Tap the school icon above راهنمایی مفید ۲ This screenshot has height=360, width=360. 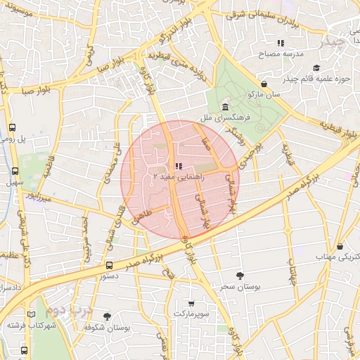[178, 167]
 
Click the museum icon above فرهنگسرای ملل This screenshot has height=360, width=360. [225, 107]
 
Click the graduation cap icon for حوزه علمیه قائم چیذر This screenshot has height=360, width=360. [317, 68]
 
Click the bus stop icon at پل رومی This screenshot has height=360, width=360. [13, 128]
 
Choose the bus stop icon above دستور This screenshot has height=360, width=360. [109, 265]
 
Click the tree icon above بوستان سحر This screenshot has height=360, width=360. [240, 276]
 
